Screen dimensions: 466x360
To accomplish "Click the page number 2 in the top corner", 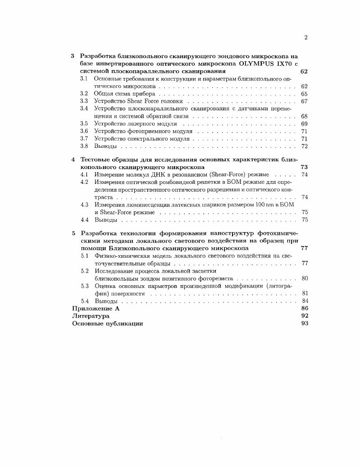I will pyautogui.click(x=305, y=37).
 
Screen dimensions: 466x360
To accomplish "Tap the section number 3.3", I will pyautogui.click(x=84, y=101).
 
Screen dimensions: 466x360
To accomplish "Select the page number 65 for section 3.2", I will pyautogui.click(x=304, y=94).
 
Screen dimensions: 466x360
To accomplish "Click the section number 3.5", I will pyautogui.click(x=84, y=123).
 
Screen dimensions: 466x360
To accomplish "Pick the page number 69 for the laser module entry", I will pyautogui.click(x=304, y=123).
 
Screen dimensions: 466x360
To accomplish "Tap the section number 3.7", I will pyautogui.click(x=84, y=138).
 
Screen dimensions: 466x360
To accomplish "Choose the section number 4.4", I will pyautogui.click(x=84, y=220).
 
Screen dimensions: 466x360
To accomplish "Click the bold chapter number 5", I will pyautogui.click(x=74, y=233).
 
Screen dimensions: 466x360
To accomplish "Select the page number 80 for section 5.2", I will pyautogui.click(x=304, y=279).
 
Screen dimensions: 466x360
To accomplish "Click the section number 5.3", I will pyautogui.click(x=84, y=286).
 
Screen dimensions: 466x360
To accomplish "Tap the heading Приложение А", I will pyautogui.click(x=96, y=309).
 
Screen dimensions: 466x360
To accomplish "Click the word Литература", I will pyautogui.click(x=91, y=316).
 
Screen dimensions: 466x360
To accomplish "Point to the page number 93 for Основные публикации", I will pyautogui.click(x=304, y=324).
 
